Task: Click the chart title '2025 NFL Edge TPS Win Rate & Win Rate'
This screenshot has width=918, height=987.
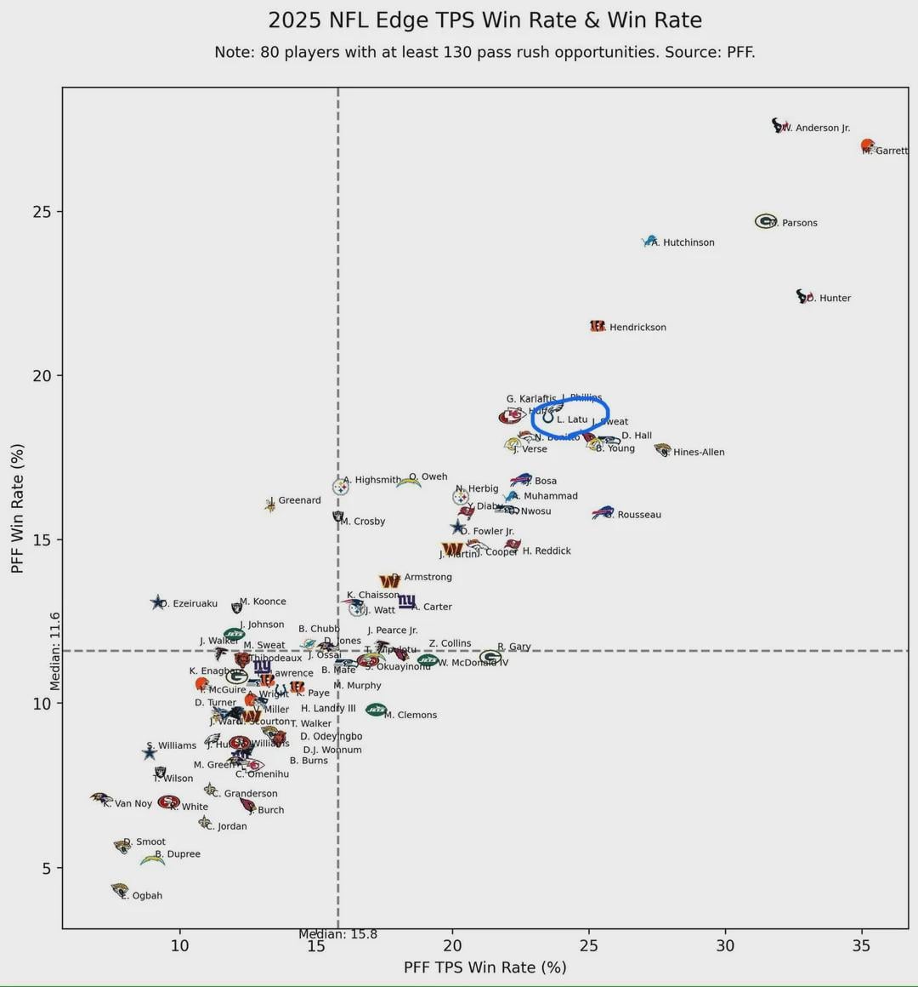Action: (484, 20)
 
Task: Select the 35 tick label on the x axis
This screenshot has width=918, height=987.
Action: (862, 945)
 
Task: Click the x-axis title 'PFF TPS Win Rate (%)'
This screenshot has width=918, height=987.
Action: (484, 967)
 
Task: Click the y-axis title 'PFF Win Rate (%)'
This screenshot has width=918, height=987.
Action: (17, 508)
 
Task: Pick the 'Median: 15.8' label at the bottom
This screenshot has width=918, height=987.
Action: (337, 934)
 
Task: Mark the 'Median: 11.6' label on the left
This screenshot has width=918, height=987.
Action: (55, 651)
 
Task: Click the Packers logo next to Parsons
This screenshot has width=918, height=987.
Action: (766, 221)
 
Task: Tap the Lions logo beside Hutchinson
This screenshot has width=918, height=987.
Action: (650, 242)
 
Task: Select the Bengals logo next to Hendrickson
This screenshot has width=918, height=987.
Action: (598, 326)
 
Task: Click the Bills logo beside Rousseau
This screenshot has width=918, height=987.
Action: (603, 512)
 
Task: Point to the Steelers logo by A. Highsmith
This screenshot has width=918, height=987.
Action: (340, 487)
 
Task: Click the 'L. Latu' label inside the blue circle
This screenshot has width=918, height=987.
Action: (572, 419)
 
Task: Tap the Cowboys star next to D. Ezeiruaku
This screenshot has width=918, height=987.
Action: (157, 602)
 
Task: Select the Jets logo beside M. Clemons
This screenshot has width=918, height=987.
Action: (376, 710)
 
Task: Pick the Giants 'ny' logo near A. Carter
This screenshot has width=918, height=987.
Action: (407, 602)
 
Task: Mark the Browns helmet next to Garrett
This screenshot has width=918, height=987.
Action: (867, 145)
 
